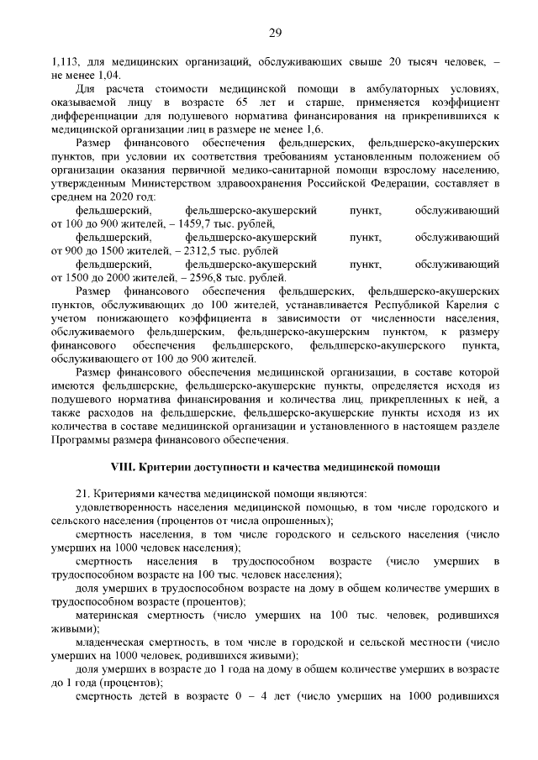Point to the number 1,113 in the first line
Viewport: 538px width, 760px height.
(65, 62)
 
